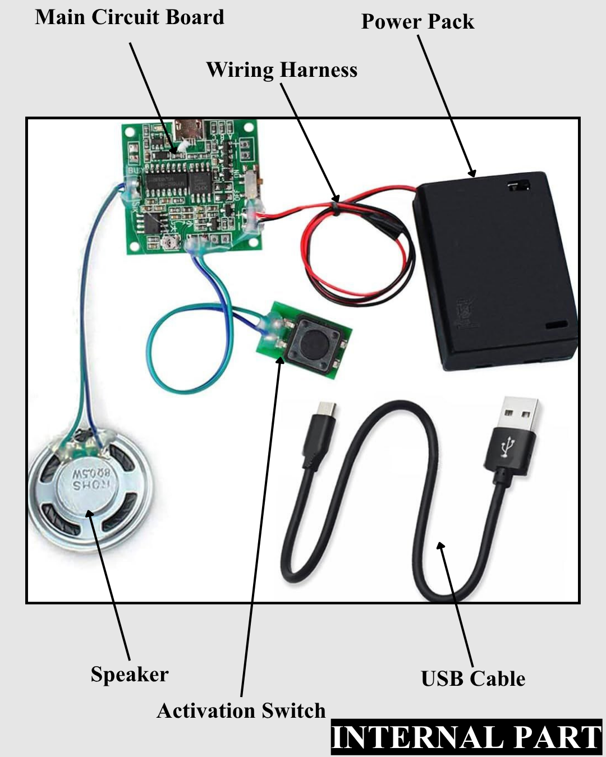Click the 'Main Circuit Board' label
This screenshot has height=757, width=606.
[130, 17]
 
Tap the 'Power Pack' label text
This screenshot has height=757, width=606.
[417, 22]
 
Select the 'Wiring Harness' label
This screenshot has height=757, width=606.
[282, 70]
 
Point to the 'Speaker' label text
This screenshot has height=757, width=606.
[130, 674]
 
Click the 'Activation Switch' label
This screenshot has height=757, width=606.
[241, 710]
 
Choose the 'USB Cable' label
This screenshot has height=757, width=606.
[473, 678]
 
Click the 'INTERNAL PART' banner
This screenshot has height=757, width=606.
[466, 737]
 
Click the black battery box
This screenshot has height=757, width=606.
[497, 269]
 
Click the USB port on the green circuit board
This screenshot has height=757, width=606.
[189, 130]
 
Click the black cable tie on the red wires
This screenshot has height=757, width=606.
[336, 210]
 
